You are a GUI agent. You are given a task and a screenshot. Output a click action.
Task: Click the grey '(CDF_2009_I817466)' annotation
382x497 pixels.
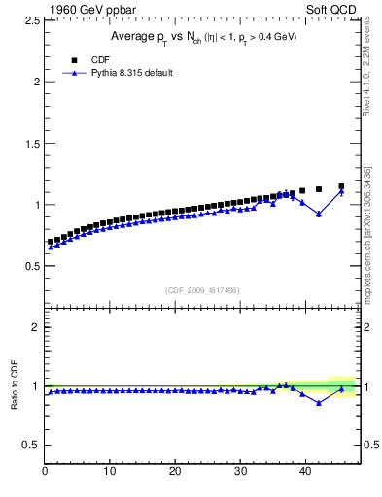tap(202, 289)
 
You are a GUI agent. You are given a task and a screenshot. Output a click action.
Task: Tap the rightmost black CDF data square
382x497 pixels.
tap(341, 186)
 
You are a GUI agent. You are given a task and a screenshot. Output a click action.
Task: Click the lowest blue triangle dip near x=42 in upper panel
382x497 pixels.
tap(319, 214)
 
